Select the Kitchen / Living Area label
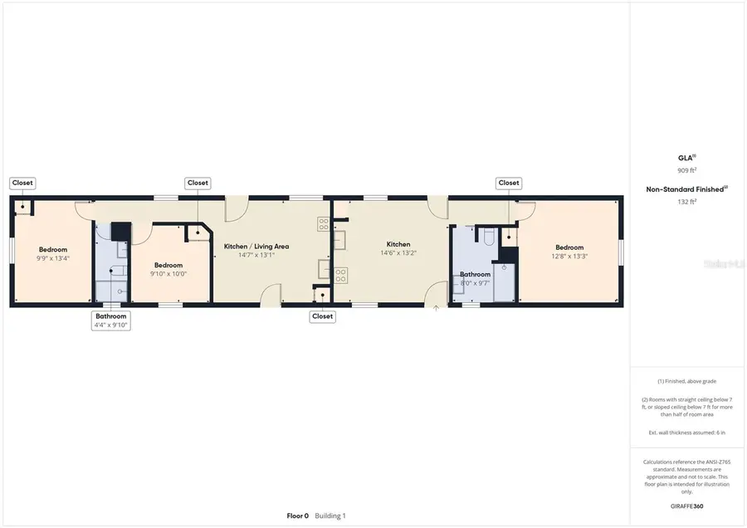tap(256, 247)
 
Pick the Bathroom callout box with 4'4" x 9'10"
tap(110, 320)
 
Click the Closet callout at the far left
tap(22, 183)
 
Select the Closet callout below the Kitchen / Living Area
tap(322, 316)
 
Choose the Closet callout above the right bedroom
tap(508, 183)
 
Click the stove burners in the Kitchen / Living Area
tap(323, 223)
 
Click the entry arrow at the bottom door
tap(437, 309)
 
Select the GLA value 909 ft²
tap(686, 170)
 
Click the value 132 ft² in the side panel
tap(686, 200)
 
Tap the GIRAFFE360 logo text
tap(686, 506)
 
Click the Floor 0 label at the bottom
tap(297, 516)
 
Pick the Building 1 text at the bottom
tap(330, 516)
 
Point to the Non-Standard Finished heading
tap(685, 189)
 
